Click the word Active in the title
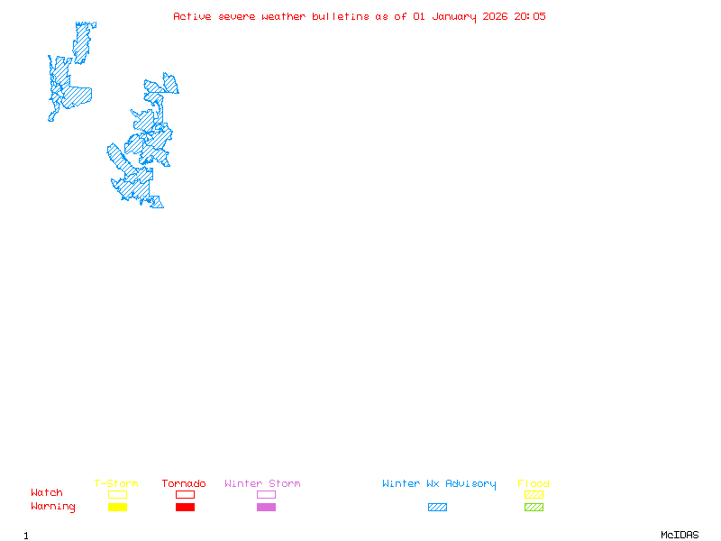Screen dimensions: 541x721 192,16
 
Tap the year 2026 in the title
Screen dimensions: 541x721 497,16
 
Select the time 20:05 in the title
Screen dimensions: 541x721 531,16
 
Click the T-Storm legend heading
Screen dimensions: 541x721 116,484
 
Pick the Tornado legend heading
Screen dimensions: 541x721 184,484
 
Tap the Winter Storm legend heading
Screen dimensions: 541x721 262,484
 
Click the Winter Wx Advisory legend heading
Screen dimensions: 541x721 439,484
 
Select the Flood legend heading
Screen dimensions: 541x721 534,484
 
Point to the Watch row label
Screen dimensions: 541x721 47,493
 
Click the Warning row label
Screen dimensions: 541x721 53,507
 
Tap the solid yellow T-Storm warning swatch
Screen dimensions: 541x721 117,508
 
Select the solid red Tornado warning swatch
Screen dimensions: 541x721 185,508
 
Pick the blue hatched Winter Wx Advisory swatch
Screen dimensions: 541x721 437,508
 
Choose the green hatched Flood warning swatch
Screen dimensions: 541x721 534,508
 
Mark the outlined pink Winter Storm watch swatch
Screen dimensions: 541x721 266,495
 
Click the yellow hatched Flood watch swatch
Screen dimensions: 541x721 534,495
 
